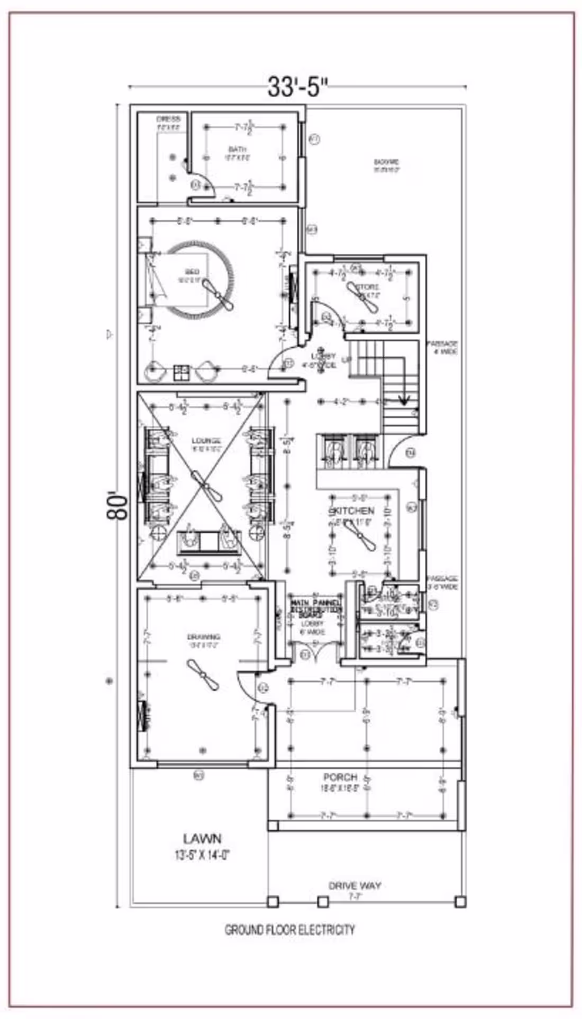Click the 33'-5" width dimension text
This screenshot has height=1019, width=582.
297,87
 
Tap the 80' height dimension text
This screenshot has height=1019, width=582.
118,506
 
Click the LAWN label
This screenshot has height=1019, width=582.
202,838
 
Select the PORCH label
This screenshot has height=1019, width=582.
340,777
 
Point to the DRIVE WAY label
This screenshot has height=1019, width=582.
354,885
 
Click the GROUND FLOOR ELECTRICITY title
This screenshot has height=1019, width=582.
289,929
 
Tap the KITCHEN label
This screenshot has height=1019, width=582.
352,511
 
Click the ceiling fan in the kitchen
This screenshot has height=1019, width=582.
359,539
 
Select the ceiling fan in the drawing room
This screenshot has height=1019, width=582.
203,675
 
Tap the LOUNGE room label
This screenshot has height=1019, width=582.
206,440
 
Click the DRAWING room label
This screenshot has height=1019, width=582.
203,637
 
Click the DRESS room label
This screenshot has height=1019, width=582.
168,119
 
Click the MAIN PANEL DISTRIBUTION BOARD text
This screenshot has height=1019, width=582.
315,608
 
